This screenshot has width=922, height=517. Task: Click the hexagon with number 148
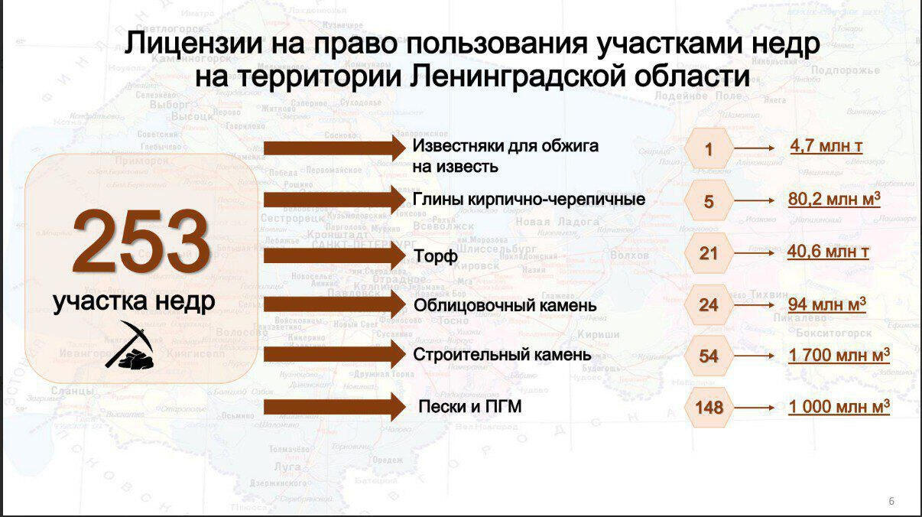tap(709, 408)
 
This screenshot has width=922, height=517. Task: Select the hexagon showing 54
tap(709, 356)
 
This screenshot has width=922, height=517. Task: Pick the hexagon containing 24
tap(709, 305)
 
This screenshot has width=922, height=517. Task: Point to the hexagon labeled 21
tap(709, 253)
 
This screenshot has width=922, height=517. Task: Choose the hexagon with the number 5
tap(709, 202)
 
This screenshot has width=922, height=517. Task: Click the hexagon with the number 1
tap(709, 150)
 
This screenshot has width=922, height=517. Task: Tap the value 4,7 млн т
tap(826, 145)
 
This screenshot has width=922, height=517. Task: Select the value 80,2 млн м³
tap(834, 200)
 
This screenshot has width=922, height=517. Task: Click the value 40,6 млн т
tap(828, 251)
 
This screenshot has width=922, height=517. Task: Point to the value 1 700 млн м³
tap(839, 356)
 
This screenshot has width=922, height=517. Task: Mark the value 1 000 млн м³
tap(839, 407)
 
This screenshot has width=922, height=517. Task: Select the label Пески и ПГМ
tap(470, 407)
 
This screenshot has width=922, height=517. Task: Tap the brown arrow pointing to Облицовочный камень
tap(334, 304)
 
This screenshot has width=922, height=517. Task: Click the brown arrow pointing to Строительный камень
tap(334, 354)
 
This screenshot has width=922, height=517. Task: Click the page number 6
tap(891, 502)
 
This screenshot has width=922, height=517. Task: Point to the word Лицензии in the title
tap(191, 44)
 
